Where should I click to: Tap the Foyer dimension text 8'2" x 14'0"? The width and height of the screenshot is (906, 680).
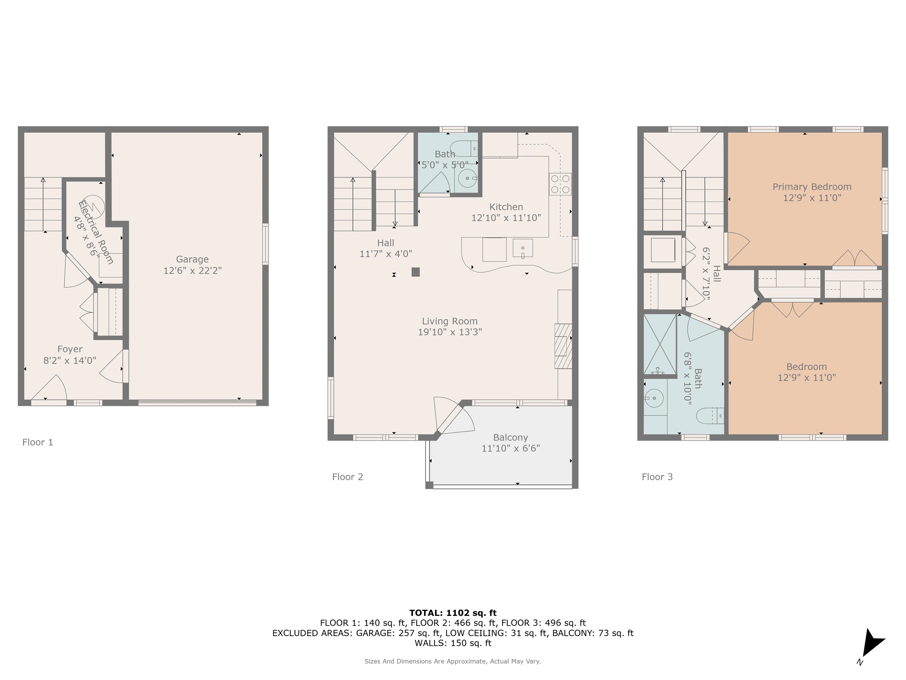click(x=70, y=360)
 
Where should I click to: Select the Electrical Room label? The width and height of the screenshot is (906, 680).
click(x=96, y=232)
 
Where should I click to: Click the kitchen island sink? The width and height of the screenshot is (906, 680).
click(x=523, y=248)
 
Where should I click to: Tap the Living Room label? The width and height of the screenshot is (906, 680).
click(x=450, y=321)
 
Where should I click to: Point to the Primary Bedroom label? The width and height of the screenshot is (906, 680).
click(x=812, y=187)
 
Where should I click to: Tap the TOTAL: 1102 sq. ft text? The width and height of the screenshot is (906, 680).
click(x=453, y=613)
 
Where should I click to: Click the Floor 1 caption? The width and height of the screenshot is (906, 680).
click(x=38, y=442)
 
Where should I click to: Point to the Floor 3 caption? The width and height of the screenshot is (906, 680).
click(x=657, y=477)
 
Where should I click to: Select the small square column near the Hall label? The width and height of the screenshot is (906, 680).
click(x=416, y=272)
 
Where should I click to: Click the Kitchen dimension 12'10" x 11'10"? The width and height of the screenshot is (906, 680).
click(x=506, y=218)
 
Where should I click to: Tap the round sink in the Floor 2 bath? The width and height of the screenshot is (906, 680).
click(x=467, y=178)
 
